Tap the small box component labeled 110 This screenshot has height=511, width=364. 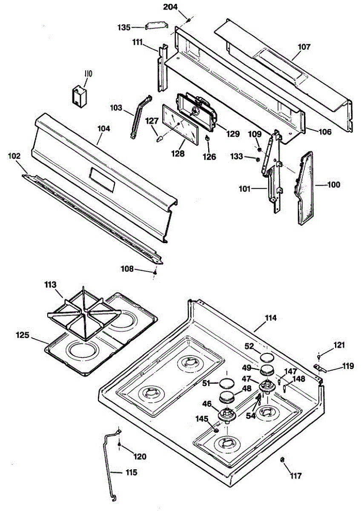pyautogui.click(x=79, y=95)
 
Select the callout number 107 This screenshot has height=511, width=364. pyautogui.click(x=304, y=47)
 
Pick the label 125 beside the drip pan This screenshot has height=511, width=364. pyautogui.click(x=23, y=335)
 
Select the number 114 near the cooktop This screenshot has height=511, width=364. pyautogui.click(x=271, y=318)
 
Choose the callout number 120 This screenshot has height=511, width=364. pyautogui.click(x=139, y=457)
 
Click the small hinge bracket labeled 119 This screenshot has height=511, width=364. pyautogui.click(x=318, y=367)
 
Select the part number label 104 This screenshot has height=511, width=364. pyautogui.click(x=104, y=128)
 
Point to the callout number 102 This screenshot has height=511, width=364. pyautogui.click(x=14, y=156)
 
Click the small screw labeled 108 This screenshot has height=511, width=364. pyautogui.click(x=155, y=272)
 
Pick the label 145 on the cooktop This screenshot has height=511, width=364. pyautogui.click(x=202, y=419)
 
